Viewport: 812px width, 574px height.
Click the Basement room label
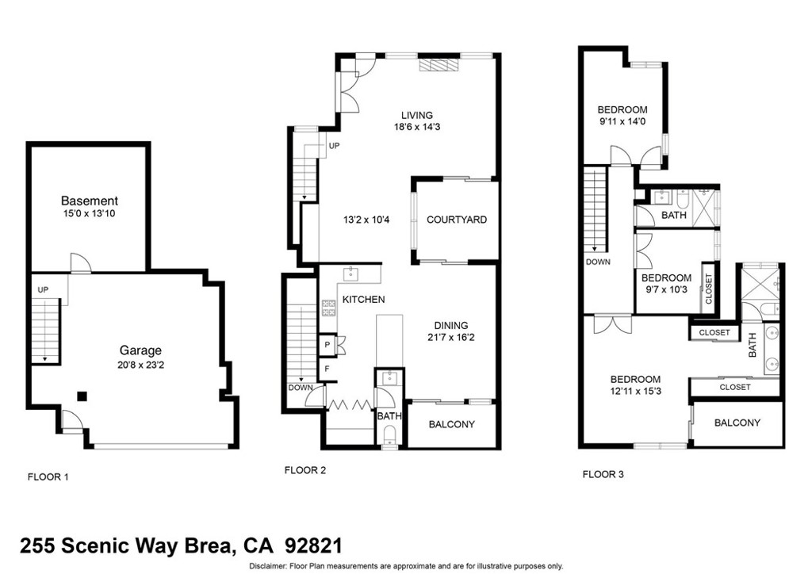coord(89,201)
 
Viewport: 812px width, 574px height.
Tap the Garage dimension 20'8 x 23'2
coord(140,364)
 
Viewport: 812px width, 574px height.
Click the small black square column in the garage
coord(82,396)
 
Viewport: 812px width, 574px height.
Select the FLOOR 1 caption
coord(48,477)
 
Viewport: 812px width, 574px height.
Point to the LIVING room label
coord(416,115)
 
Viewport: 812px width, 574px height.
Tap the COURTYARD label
coord(456,220)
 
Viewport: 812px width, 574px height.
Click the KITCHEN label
coord(363,299)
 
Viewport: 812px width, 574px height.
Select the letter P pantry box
coord(326,345)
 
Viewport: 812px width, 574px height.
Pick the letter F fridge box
coord(326,368)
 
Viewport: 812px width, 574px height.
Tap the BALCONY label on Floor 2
coord(451,424)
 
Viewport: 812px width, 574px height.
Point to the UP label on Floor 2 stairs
coord(334,146)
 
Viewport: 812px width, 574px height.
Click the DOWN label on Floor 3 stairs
coord(598,262)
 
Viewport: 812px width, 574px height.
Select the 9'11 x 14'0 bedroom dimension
coord(622,122)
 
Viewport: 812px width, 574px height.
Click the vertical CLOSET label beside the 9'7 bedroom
coord(708,289)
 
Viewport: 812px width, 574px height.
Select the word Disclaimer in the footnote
coord(269,566)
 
